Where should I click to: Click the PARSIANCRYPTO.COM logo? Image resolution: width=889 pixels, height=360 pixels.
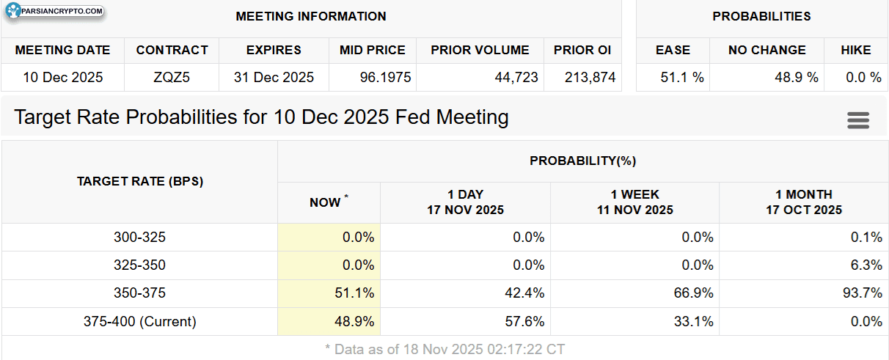[x=55, y=11]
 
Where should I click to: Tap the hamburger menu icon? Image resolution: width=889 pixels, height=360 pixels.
[x=858, y=120]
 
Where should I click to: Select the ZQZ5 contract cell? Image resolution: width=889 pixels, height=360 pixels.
[x=172, y=77]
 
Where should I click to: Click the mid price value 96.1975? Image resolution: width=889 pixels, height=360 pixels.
[x=385, y=77]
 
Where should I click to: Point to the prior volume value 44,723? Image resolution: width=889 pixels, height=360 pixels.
[x=516, y=77]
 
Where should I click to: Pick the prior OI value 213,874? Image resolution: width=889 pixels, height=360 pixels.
[x=590, y=77]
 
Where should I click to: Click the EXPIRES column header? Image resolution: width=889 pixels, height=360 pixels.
[x=274, y=50]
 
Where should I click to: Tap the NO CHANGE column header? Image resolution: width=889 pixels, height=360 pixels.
[x=767, y=50]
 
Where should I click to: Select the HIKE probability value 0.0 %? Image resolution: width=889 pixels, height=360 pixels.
[x=863, y=77]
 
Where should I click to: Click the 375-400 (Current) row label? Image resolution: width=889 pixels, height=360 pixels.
[x=139, y=321]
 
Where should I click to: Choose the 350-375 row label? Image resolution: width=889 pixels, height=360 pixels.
[x=139, y=293]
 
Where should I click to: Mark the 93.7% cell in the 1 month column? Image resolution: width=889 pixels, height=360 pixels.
[x=863, y=293]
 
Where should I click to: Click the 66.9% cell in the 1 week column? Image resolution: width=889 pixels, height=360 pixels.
[x=693, y=293]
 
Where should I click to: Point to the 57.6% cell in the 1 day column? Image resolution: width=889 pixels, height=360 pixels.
[x=524, y=321]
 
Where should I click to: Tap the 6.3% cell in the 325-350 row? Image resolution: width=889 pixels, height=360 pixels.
[x=866, y=265]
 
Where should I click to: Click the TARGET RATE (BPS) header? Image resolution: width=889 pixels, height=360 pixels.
[x=140, y=181]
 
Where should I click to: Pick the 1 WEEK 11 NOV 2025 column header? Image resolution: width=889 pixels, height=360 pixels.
[x=635, y=202]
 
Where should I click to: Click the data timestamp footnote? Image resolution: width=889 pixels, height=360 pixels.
[x=445, y=349]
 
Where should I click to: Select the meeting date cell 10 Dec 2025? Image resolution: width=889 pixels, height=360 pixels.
[x=62, y=77]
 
